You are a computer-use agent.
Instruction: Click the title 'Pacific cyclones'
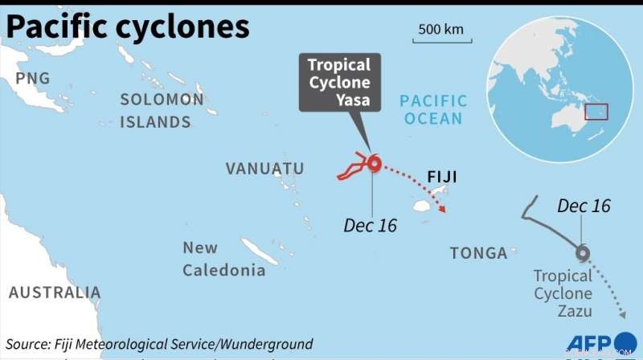point(128,27)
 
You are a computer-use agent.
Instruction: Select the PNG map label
point(33,78)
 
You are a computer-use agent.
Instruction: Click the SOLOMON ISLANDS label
point(162,111)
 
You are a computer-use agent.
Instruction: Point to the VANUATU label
point(264,169)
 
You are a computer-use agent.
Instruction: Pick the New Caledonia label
point(223,259)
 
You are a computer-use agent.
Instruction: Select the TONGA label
point(478,253)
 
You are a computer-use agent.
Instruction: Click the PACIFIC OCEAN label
point(433,110)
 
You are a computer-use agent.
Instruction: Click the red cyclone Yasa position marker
point(374,164)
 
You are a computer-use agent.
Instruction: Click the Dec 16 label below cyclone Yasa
point(370,226)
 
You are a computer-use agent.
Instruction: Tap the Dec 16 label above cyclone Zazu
point(584,206)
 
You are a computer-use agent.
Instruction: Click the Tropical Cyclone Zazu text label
point(563,293)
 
